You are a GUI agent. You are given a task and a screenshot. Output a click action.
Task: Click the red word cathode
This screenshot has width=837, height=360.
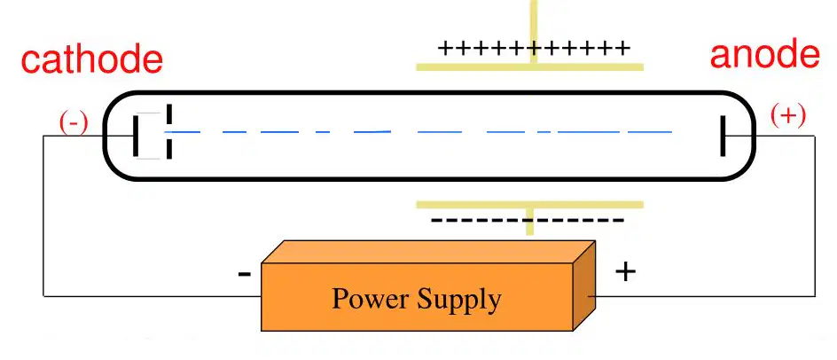(x=92, y=59)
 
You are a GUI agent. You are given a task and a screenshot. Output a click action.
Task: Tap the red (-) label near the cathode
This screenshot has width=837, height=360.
(x=73, y=124)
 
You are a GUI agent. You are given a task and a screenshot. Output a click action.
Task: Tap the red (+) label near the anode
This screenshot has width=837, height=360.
(x=788, y=116)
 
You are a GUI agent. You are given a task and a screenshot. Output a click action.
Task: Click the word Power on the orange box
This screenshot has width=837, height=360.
(x=370, y=299)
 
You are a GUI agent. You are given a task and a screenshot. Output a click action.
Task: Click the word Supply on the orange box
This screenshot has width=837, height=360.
(x=459, y=301)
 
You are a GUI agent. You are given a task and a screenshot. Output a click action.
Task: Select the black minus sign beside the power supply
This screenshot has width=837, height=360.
(x=244, y=275)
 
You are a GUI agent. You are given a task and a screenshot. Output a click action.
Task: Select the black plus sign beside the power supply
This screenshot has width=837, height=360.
(x=626, y=272)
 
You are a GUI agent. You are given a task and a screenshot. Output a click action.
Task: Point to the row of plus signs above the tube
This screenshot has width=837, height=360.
(x=534, y=49)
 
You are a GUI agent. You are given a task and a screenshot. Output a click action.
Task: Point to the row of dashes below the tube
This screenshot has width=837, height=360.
(x=528, y=220)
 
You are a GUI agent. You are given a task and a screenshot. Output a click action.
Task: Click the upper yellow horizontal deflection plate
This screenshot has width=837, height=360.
(x=529, y=67)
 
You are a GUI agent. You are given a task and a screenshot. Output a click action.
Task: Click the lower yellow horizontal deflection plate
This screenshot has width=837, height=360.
(x=529, y=205)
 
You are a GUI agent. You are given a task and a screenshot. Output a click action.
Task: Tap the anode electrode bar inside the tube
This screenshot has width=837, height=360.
(x=723, y=136)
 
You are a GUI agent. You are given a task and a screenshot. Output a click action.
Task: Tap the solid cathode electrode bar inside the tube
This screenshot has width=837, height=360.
(x=136, y=135)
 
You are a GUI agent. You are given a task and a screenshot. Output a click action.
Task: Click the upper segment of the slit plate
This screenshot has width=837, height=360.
(x=169, y=113)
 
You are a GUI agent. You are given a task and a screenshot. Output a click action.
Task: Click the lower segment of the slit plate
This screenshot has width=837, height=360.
(x=169, y=150)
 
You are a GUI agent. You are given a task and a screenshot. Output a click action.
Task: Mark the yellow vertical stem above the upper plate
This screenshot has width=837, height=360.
(x=533, y=32)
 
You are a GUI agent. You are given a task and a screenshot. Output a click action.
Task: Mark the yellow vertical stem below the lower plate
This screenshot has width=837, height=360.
(x=529, y=222)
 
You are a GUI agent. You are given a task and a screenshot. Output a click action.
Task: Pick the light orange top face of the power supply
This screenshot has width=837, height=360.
(x=428, y=252)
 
